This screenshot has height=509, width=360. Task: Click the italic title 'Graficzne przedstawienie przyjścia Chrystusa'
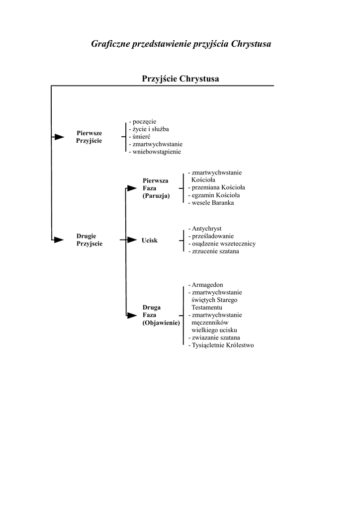pos(181,44)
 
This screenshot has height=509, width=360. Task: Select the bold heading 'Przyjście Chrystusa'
pos(181,79)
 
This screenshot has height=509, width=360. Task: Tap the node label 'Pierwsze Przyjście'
pos(90,137)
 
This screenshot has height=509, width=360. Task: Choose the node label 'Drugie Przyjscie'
pos(90,240)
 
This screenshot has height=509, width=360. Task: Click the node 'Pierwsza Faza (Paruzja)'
pos(156,188)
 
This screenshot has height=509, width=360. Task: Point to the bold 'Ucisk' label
pos(150,240)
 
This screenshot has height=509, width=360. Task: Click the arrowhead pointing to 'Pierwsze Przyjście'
pos(59,137)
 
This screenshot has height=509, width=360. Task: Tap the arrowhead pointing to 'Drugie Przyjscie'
pos(59,240)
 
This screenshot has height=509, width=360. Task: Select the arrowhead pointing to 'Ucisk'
pos(131,240)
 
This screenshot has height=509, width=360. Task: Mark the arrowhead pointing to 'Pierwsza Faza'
pos(131,188)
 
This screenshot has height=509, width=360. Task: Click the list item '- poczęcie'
pos(143,121)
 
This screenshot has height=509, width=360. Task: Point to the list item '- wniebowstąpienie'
pos(155,152)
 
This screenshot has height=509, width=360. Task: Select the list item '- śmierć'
pos(140,136)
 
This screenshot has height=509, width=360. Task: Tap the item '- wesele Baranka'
pos(211,202)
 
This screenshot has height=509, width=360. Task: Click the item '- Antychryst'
pos(205,229)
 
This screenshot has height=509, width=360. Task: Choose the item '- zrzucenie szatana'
pos(214,251)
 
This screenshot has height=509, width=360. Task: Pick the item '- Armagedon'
pos(206,285)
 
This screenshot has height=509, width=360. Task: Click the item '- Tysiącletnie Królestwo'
pos(221,345)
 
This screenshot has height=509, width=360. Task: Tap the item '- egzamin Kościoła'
pos(213,195)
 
